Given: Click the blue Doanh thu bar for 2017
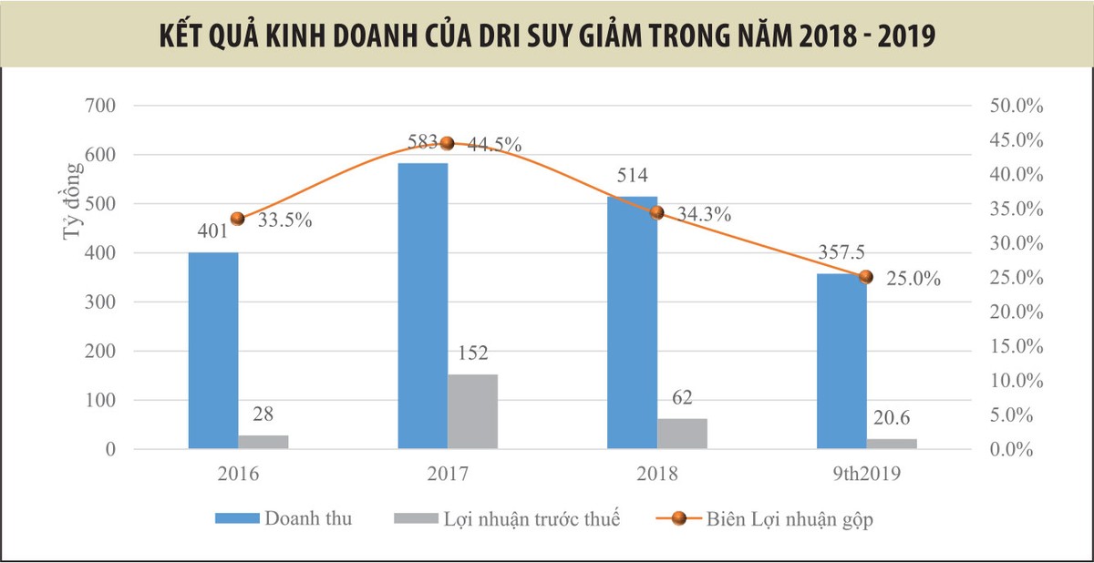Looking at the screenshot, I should (422, 305).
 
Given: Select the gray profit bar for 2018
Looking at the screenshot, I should (682, 434).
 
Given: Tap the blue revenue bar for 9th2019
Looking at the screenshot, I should (841, 361).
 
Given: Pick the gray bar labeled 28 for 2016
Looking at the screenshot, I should (263, 442).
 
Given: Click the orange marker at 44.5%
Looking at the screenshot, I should (447, 143).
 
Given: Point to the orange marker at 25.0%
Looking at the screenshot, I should (866, 277).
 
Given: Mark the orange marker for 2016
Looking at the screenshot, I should (238, 219).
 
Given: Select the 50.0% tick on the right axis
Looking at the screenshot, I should (1016, 106).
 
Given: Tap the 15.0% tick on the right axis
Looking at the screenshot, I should (1016, 346).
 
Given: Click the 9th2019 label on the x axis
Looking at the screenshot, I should (866, 474).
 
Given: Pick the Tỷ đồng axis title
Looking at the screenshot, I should (70, 215).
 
